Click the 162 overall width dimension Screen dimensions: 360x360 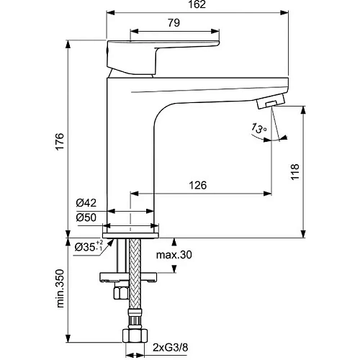tap(199, 6)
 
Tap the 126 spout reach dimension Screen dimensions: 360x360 tap(199, 186)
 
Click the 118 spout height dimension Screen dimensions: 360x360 tap(314, 171)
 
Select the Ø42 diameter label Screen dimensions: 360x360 tap(86, 204)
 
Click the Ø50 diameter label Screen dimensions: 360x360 tap(86, 217)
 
